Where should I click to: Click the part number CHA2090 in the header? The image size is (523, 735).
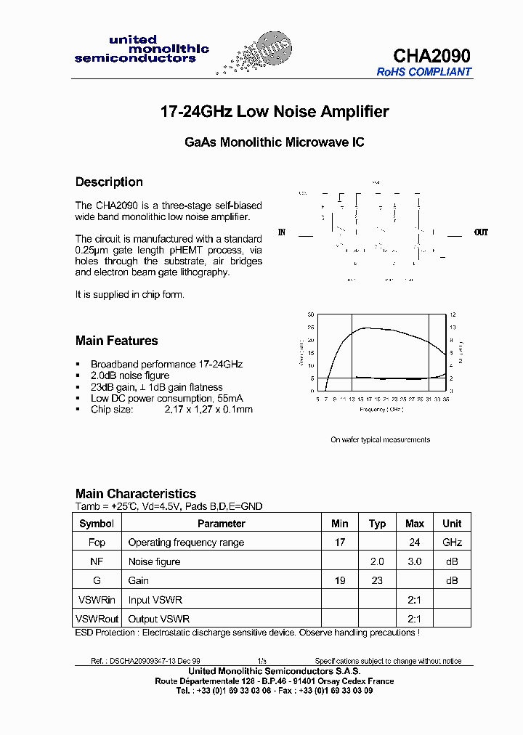tap(431, 56)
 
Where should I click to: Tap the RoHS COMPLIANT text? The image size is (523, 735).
tap(423, 72)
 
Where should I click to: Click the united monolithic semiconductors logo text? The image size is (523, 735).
tap(141, 49)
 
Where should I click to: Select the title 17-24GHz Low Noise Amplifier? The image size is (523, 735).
tap(274, 112)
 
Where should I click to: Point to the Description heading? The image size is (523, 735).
tap(109, 182)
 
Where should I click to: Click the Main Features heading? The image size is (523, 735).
tap(116, 341)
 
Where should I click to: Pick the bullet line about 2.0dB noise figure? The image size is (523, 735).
tap(129, 375)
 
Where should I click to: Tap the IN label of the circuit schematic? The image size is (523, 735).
tap(282, 232)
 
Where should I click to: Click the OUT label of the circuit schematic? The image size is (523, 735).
tap(481, 232)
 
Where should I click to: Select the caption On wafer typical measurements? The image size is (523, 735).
tap(380, 439)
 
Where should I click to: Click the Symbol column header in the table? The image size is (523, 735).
tap(97, 524)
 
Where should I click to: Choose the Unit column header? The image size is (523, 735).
tap(452, 524)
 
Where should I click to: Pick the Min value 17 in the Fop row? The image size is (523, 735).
tap(339, 543)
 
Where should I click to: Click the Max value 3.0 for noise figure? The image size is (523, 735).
tap(414, 561)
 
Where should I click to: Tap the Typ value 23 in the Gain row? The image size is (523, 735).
tap(377, 580)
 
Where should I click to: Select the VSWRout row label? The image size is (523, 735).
tap(97, 619)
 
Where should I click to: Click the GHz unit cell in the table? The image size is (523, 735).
tap(452, 543)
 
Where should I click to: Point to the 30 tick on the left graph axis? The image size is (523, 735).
tap(310, 314)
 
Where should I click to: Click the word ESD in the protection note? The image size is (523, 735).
tap(84, 633)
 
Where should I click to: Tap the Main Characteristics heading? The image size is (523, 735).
tap(136, 494)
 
